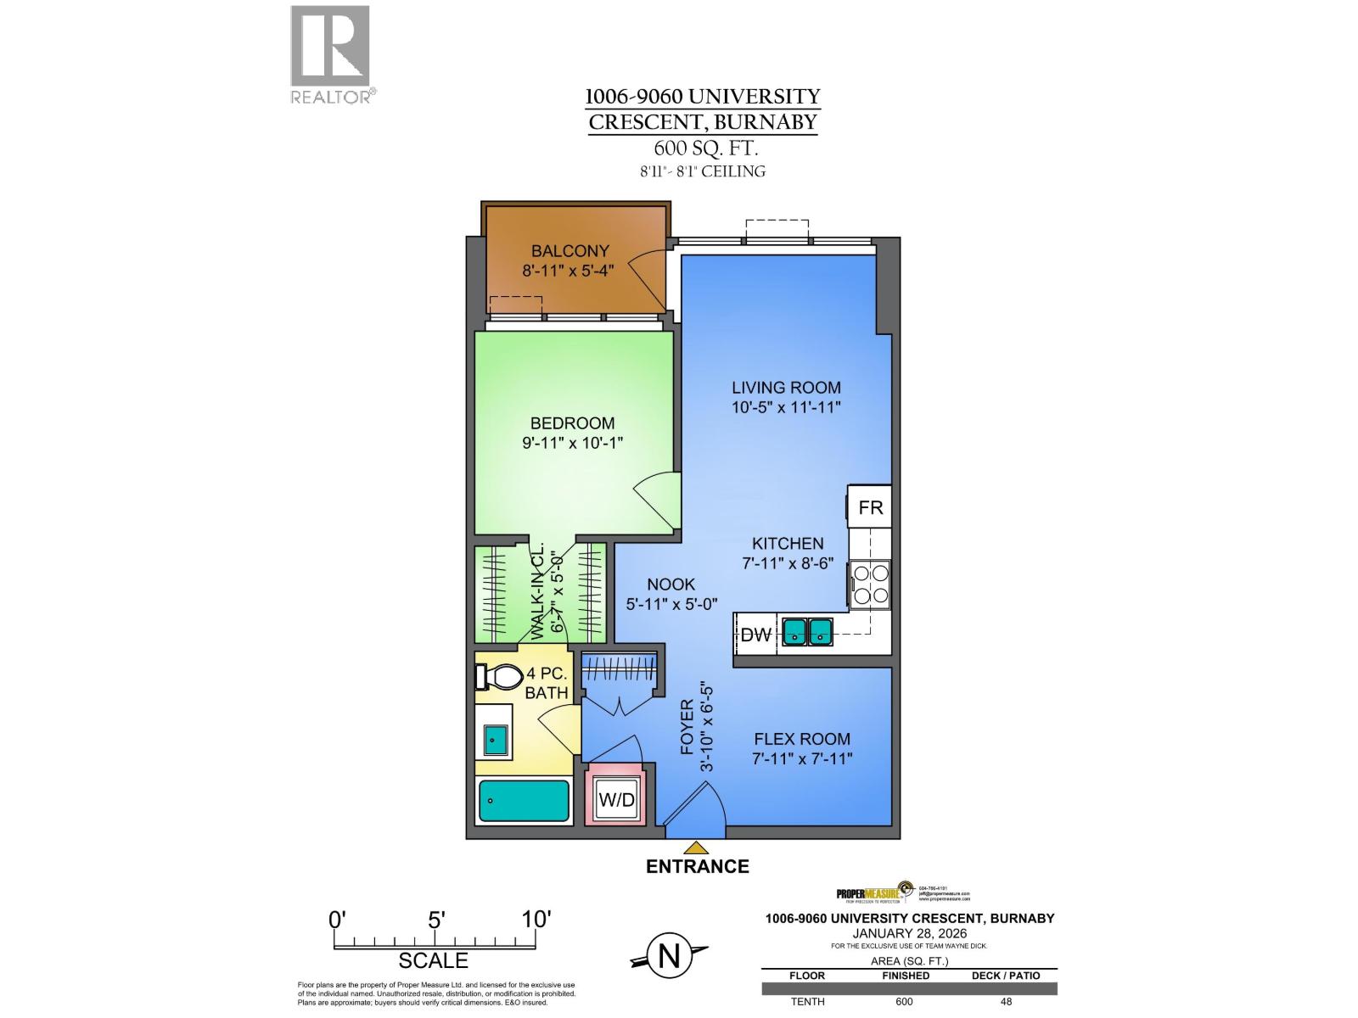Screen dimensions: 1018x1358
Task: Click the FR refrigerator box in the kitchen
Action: point(870,507)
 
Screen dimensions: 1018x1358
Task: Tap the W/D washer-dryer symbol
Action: point(616,799)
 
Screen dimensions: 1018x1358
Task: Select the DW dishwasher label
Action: point(756,634)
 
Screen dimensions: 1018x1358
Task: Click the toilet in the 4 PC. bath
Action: point(502,677)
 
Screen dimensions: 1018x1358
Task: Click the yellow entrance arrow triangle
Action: point(697,847)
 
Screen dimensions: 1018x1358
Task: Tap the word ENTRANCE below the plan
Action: point(697,866)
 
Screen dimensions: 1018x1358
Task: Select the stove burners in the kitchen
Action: point(871,584)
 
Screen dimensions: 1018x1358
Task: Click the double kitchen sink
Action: point(807,631)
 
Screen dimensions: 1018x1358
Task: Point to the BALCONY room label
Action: point(570,251)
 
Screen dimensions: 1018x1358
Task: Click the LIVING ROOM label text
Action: point(786,388)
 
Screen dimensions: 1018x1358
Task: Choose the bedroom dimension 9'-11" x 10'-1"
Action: point(573,443)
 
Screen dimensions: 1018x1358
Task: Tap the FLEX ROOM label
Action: point(801,739)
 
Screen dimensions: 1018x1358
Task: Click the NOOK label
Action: point(671,585)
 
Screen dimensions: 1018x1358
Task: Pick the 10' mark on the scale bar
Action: point(536,920)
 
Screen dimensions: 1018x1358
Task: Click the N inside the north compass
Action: point(669,957)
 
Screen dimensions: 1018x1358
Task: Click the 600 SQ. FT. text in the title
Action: point(702,148)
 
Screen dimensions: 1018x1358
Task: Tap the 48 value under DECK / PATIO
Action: point(1006,1001)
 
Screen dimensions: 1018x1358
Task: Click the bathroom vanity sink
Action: point(494,741)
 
